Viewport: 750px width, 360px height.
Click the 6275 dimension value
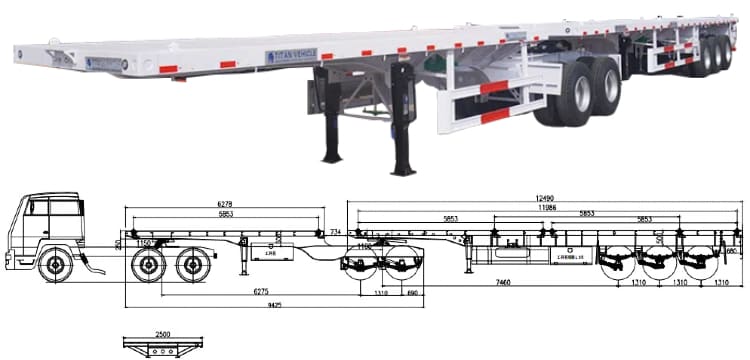(259, 291)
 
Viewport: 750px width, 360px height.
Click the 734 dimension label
(337, 232)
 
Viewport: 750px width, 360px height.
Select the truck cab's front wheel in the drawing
(55, 268)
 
